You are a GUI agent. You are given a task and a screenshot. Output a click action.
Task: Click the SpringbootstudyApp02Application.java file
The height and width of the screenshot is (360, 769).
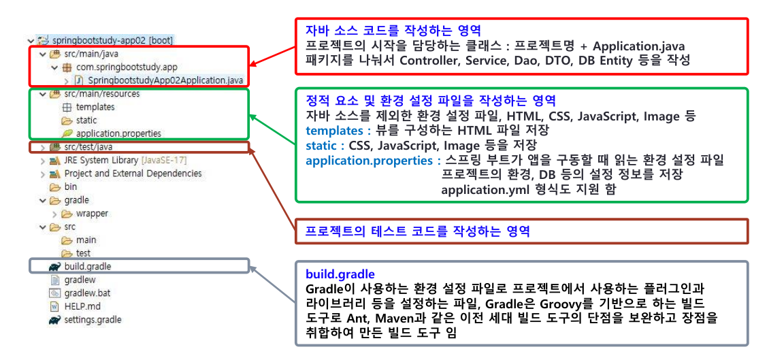click(x=159, y=80)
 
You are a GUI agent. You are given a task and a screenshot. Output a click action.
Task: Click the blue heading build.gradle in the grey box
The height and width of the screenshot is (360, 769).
click(x=340, y=273)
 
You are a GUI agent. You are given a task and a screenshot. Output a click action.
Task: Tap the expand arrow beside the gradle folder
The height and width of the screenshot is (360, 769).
click(x=43, y=200)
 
